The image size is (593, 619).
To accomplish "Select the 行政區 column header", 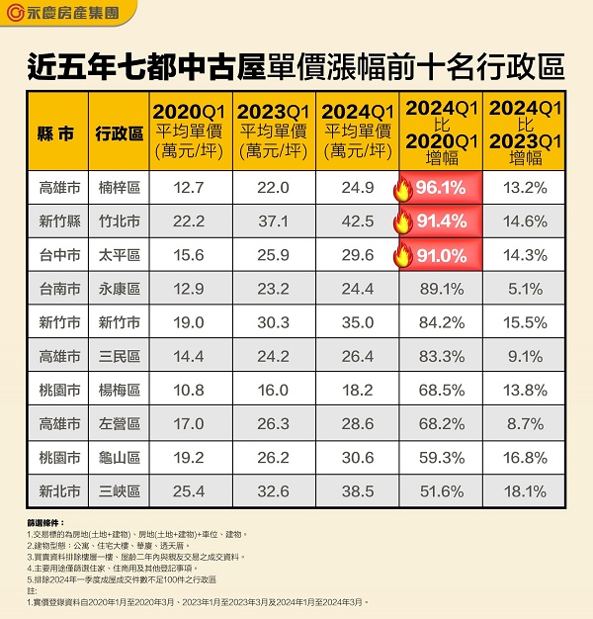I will click(119, 133).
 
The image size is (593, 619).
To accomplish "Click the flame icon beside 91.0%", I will click(402, 256).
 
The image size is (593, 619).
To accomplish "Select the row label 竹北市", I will click(119, 221).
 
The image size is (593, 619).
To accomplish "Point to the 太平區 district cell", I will click(119, 255).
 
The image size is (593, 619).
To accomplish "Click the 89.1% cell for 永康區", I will click(441, 289).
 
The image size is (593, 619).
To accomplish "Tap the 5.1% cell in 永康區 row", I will click(526, 289).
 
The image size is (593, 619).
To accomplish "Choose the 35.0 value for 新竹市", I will click(358, 322).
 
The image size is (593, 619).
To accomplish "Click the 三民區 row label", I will click(119, 356).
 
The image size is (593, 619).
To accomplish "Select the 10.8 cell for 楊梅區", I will click(189, 390).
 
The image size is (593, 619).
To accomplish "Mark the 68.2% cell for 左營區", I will click(441, 423).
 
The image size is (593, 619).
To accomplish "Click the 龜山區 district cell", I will click(119, 457).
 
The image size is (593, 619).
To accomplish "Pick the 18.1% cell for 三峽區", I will click(526, 490).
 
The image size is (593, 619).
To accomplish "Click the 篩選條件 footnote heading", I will click(46, 522).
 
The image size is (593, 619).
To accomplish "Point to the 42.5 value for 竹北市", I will click(358, 221).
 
